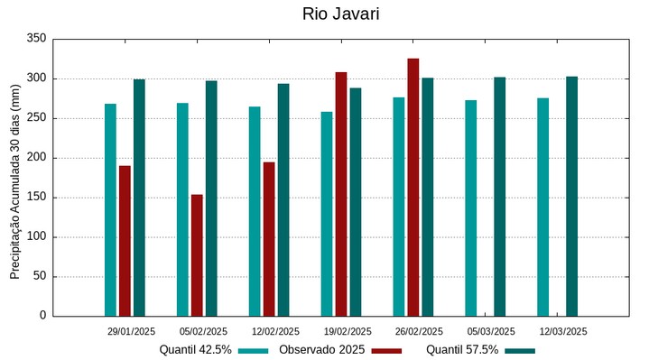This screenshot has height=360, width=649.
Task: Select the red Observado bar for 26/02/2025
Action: (x=413, y=187)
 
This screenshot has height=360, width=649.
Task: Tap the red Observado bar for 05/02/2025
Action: (x=197, y=255)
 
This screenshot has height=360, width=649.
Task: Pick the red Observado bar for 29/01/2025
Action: (x=125, y=241)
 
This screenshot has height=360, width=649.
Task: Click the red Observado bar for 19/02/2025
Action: (x=341, y=194)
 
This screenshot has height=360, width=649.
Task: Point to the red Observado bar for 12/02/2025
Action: (x=269, y=239)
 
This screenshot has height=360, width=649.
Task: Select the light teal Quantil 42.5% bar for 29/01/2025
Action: (x=110, y=209)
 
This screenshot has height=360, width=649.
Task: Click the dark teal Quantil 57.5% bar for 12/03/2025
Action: (x=572, y=196)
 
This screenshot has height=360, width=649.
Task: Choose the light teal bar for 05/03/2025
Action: (x=471, y=208)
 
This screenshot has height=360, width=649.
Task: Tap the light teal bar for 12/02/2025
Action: (x=255, y=211)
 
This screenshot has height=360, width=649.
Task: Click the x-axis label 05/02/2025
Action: (x=203, y=331)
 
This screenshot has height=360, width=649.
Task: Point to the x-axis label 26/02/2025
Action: (x=419, y=331)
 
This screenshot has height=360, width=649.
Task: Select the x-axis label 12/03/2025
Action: (x=563, y=331)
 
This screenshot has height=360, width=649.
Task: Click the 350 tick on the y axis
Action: (x=36, y=39)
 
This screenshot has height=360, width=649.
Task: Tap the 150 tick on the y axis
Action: (x=36, y=198)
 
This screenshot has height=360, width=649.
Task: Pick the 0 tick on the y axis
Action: (x=42, y=316)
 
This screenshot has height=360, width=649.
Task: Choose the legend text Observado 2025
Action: (x=321, y=349)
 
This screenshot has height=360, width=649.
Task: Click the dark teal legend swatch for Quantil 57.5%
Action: (x=520, y=350)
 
